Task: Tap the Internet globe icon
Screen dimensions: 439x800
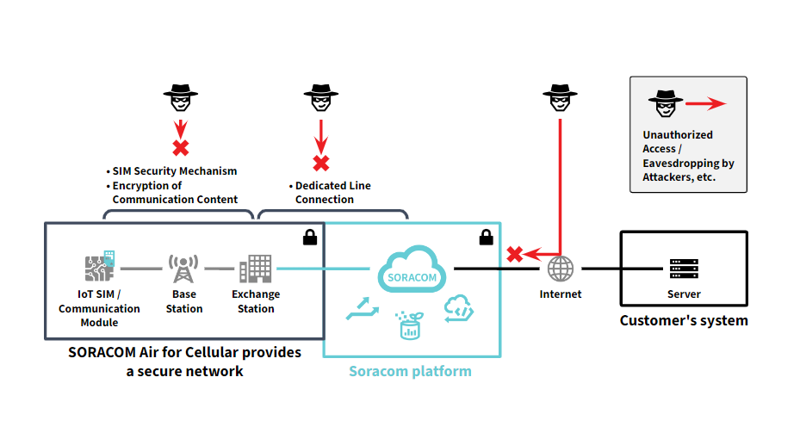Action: pyautogui.click(x=561, y=269)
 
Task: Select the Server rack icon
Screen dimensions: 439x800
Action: pyautogui.click(x=684, y=269)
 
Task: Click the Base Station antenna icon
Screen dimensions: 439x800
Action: pyautogui.click(x=183, y=269)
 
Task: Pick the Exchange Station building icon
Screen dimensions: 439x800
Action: pyautogui.click(x=255, y=269)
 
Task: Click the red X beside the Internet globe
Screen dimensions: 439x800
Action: pyautogui.click(x=515, y=254)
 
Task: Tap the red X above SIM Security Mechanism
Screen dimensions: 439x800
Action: pyautogui.click(x=181, y=147)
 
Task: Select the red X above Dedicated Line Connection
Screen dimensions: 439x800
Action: pyautogui.click(x=320, y=163)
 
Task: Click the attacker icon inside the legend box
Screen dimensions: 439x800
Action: pyautogui.click(x=661, y=103)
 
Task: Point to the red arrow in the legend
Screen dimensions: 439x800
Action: pyautogui.click(x=706, y=104)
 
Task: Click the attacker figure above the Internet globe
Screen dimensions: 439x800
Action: pyautogui.click(x=561, y=99)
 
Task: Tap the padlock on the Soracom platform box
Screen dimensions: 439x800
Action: pyautogui.click(x=486, y=236)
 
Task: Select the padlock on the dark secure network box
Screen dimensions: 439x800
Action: pyautogui.click(x=309, y=236)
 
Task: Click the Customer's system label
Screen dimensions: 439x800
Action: pyautogui.click(x=684, y=320)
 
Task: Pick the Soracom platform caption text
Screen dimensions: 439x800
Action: pyautogui.click(x=410, y=371)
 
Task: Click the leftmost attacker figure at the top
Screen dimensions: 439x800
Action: pyautogui.click(x=181, y=99)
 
